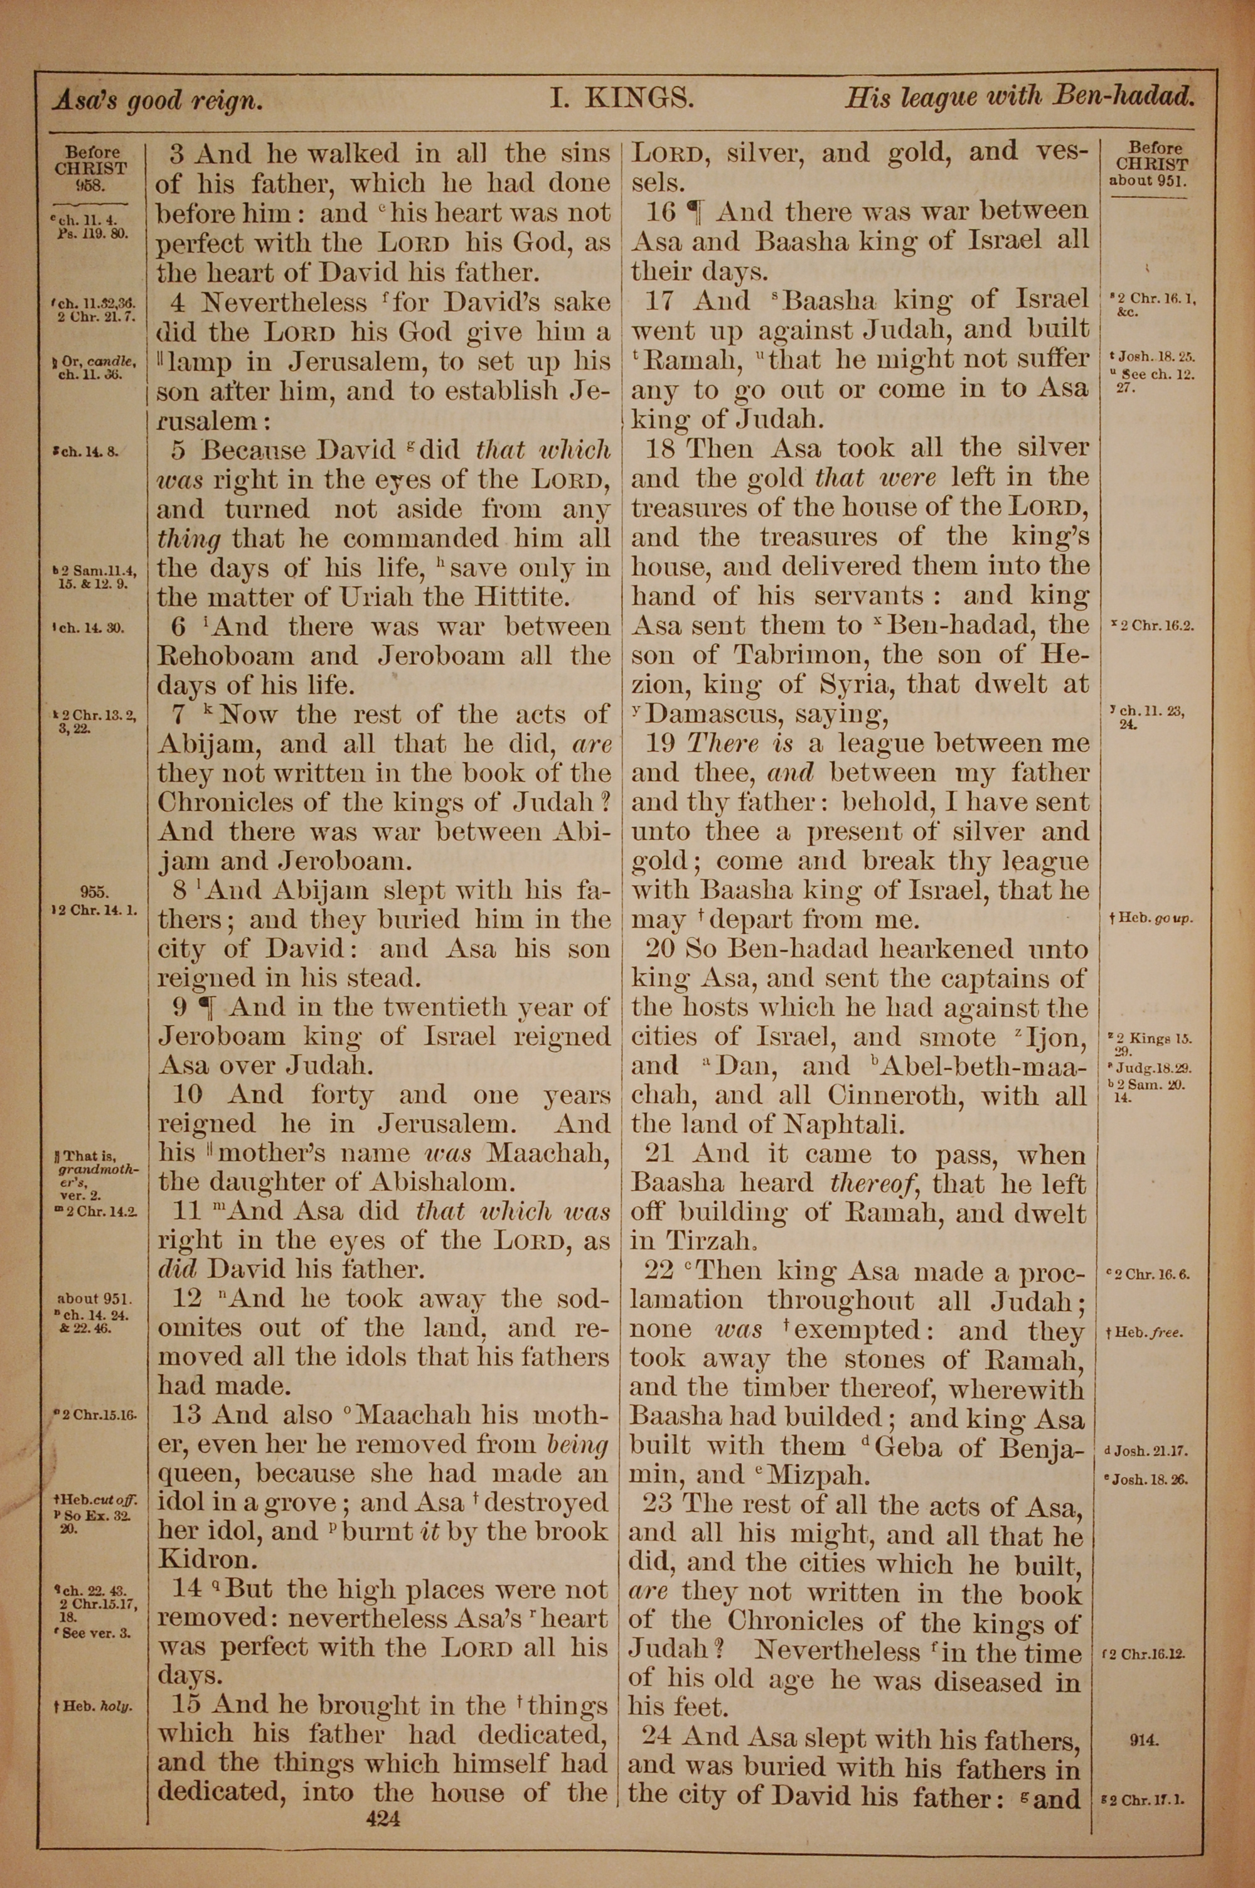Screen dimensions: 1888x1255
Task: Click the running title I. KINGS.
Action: (x=621, y=99)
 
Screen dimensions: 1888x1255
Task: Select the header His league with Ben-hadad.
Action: (x=1020, y=98)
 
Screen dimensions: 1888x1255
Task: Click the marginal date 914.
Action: (x=1145, y=1739)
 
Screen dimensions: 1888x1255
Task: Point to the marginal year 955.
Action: (x=95, y=891)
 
